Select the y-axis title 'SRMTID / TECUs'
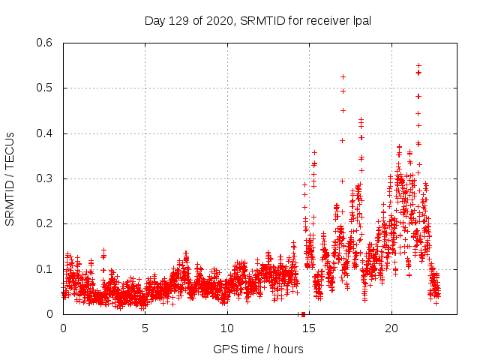tap(10, 178)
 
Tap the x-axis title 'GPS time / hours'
tap(259, 349)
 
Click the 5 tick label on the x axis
tap(145, 328)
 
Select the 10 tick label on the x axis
tap(226, 328)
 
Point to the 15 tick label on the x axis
tap(309, 328)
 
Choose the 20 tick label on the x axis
tap(391, 328)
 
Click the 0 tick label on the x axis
tap(63, 328)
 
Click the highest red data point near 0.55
tap(418, 65)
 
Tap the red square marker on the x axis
tap(302, 314)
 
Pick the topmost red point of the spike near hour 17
tap(343, 76)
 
